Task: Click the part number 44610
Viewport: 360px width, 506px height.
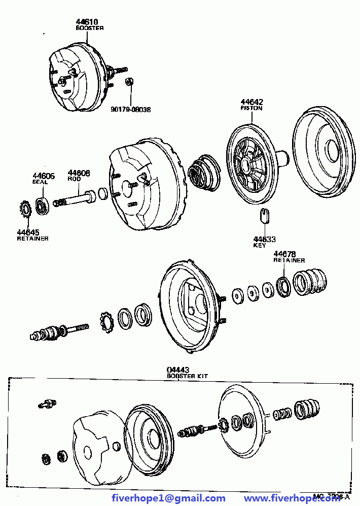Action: pyautogui.click(x=87, y=22)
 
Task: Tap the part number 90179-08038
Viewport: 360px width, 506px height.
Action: pyautogui.click(x=131, y=109)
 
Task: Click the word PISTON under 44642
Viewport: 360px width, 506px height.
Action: pyautogui.click(x=251, y=108)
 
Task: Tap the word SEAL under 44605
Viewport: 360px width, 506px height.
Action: pyautogui.click(x=40, y=182)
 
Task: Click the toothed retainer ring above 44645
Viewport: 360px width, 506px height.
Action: pyautogui.click(x=25, y=209)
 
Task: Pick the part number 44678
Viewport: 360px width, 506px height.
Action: pyautogui.click(x=284, y=254)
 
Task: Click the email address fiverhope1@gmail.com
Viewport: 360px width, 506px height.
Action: pyautogui.click(x=168, y=498)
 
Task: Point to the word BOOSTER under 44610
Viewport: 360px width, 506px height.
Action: pyautogui.click(x=90, y=28)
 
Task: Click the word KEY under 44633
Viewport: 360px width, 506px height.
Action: pyautogui.click(x=259, y=246)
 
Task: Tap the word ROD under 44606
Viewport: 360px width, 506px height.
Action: pyautogui.click(x=74, y=179)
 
